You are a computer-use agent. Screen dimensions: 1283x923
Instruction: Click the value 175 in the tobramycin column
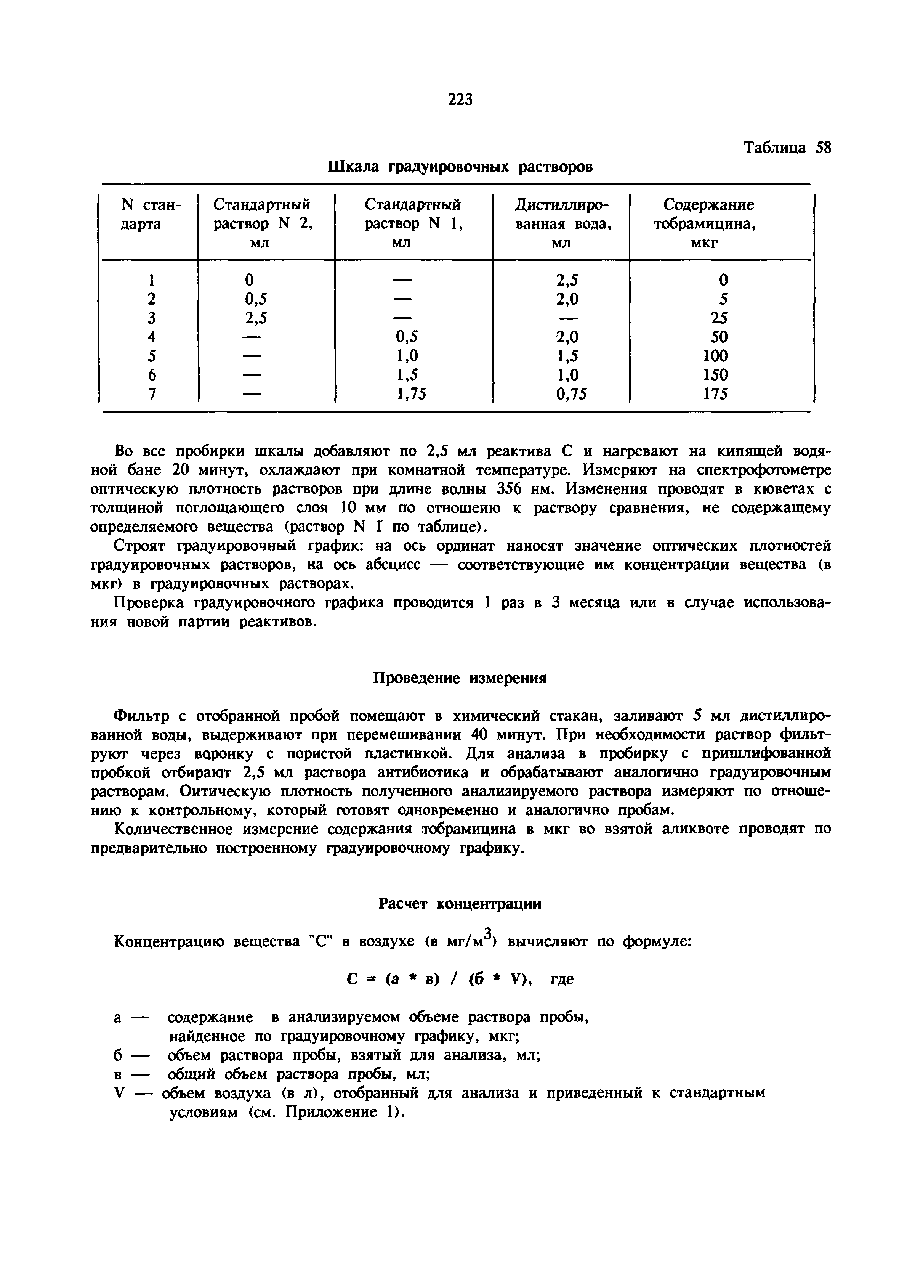pos(715,394)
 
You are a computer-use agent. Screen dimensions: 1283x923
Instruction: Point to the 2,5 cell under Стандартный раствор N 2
pos(256,317)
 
